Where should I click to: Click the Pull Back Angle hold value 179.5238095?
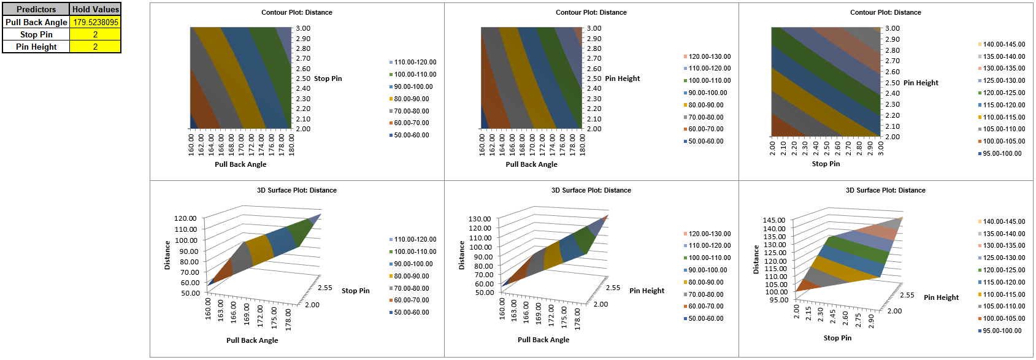[x=96, y=22]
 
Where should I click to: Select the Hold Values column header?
[x=96, y=9]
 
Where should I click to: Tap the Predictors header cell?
[x=36, y=9]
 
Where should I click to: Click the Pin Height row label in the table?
[x=36, y=47]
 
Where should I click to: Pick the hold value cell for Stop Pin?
[x=95, y=34]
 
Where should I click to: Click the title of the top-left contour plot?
[x=297, y=12]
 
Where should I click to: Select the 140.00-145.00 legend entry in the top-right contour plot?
[x=1003, y=44]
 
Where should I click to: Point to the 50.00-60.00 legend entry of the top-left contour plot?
[x=411, y=135]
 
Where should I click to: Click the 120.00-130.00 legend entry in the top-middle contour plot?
[x=709, y=56]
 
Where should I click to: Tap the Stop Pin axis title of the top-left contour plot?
[x=328, y=79]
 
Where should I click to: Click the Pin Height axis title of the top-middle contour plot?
[x=622, y=79]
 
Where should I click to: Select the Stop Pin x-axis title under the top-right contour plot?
[x=826, y=164]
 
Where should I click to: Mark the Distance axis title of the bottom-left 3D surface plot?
[x=167, y=255]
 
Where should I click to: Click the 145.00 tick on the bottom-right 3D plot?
[x=774, y=220]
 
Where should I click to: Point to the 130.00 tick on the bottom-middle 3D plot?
[x=480, y=219]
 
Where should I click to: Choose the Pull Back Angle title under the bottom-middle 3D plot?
[x=543, y=340]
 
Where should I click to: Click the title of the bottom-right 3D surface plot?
[x=885, y=190]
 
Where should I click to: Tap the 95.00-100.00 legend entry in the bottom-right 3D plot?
[x=1002, y=331]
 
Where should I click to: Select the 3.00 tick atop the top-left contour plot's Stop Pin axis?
[x=303, y=28]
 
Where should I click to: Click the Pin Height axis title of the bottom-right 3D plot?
[x=941, y=297]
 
